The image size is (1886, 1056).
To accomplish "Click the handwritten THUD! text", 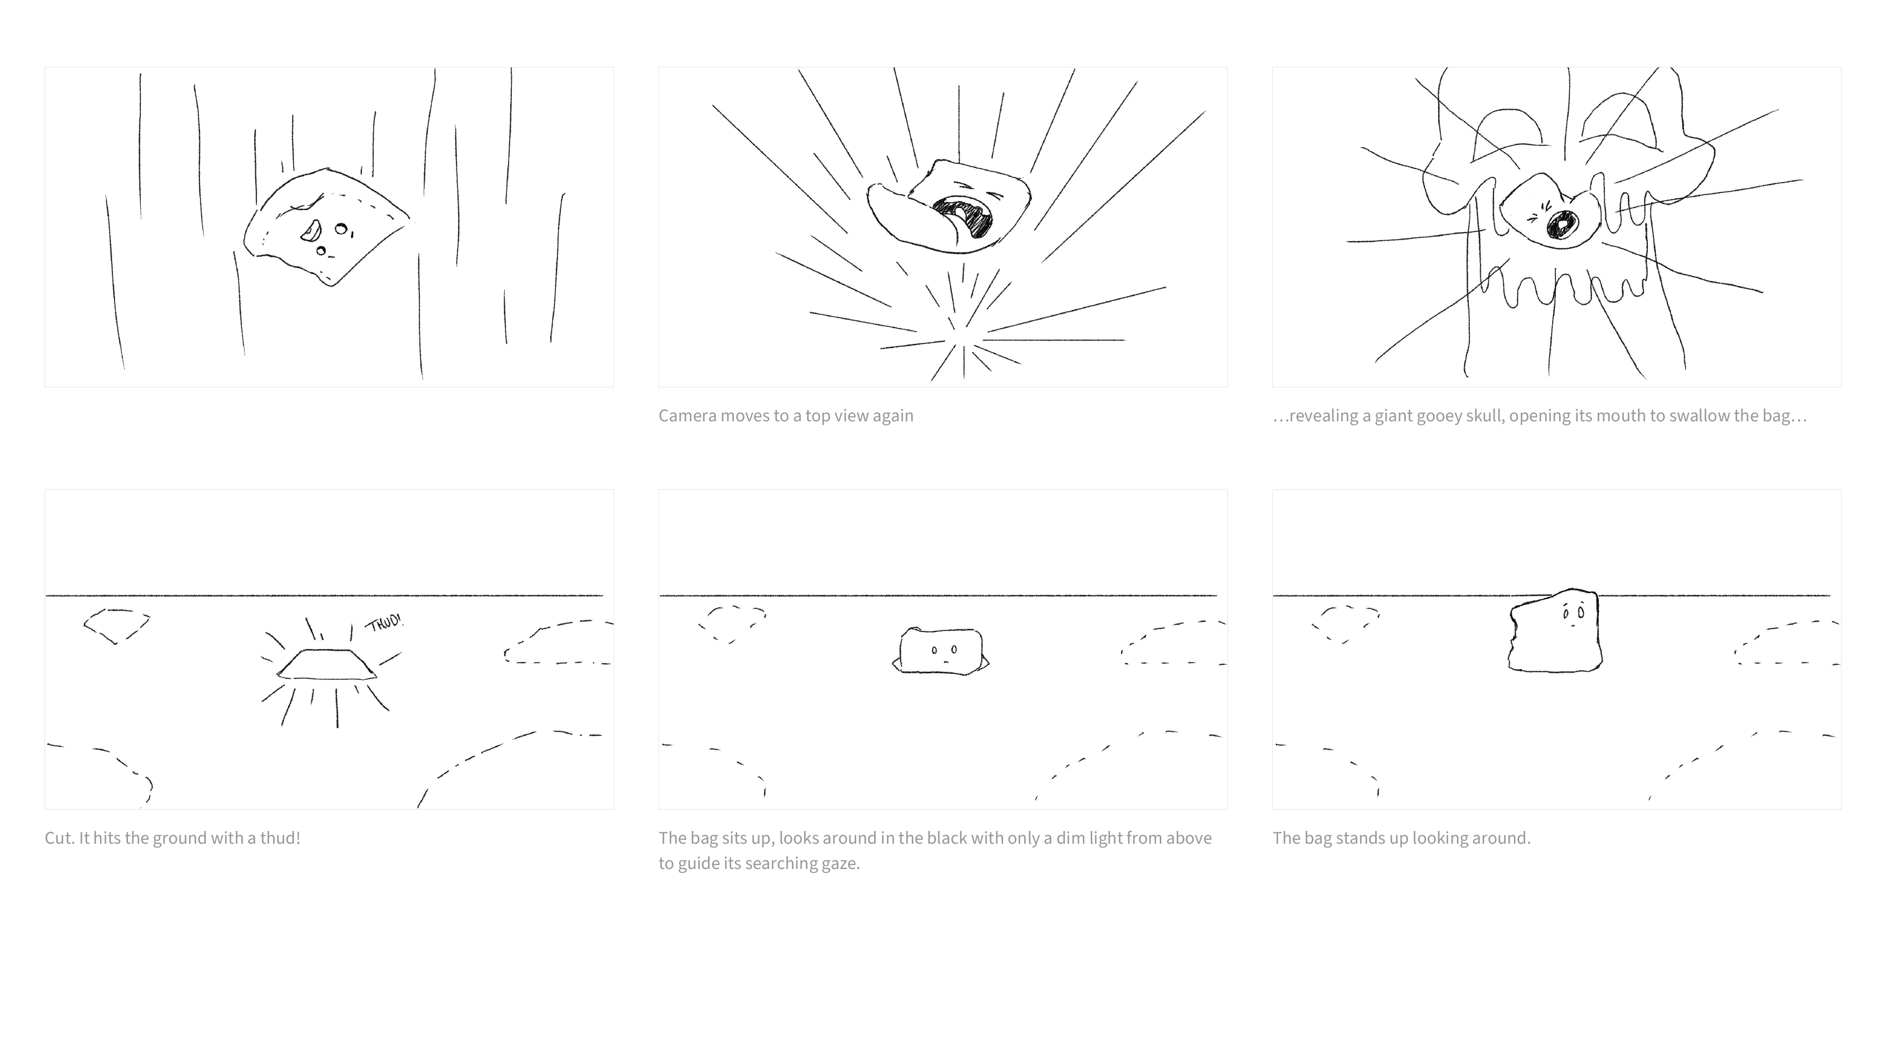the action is coord(384,623).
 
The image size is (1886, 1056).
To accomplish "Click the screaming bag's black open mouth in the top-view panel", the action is coord(963,217).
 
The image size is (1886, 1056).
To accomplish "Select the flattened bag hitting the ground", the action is coord(326,664).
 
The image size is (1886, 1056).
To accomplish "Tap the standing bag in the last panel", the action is coord(1555,629).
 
